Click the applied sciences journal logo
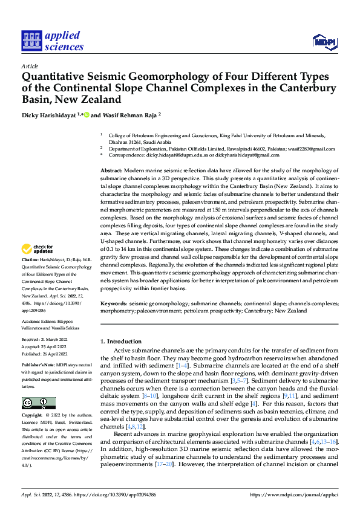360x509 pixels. (x=52, y=42)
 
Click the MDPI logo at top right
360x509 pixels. (x=324, y=41)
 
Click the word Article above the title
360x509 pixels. (x=30, y=66)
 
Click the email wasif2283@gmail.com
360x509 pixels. (x=309, y=149)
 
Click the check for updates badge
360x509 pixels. (x=38, y=249)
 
